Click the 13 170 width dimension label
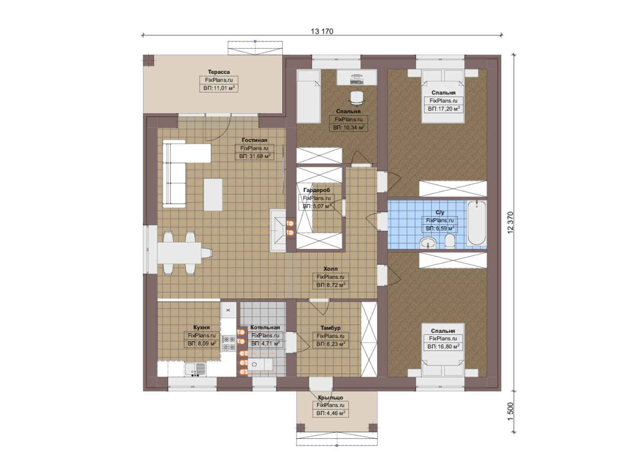322,31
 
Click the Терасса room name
219,72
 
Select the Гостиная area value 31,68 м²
255,156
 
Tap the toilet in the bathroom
450,240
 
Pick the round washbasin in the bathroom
428,243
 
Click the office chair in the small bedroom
357,97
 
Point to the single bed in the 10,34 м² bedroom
308,96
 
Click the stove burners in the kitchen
228,343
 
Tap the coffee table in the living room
213,195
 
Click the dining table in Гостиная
179,253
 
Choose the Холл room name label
330,269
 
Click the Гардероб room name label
316,190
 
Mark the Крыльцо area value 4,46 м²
331,413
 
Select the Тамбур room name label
330,328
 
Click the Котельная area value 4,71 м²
265,344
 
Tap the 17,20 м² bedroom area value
443,109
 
